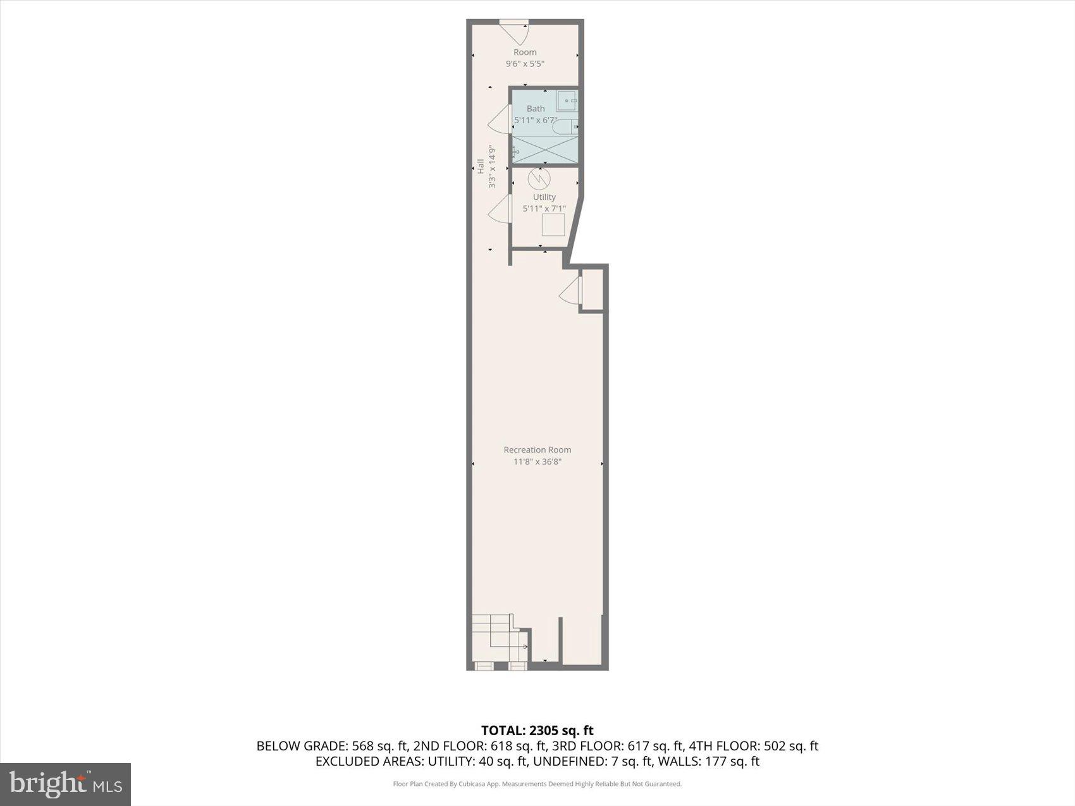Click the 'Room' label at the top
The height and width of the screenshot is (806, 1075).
(x=525, y=52)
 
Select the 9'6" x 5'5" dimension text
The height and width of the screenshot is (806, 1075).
(x=525, y=64)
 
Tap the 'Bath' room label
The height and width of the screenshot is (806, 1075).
(x=536, y=109)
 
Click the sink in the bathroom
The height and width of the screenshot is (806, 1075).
(x=567, y=101)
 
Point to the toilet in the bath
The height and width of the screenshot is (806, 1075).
(x=565, y=127)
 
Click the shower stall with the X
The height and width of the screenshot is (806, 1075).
(x=544, y=150)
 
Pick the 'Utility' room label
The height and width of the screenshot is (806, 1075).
(x=544, y=197)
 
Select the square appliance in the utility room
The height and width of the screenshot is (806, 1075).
(x=553, y=225)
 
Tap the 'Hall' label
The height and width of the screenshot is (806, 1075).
(x=481, y=166)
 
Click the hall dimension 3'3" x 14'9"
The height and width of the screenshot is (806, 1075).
(x=492, y=167)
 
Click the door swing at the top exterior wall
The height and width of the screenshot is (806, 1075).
(x=516, y=32)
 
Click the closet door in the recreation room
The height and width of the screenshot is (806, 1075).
(x=570, y=291)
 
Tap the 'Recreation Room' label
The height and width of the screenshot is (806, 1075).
(x=537, y=450)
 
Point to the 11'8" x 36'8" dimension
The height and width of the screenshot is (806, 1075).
(x=537, y=461)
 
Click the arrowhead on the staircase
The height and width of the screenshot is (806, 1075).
(x=525, y=647)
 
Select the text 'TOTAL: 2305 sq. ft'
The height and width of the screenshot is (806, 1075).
(x=537, y=731)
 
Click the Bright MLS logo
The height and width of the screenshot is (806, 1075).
(x=66, y=785)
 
